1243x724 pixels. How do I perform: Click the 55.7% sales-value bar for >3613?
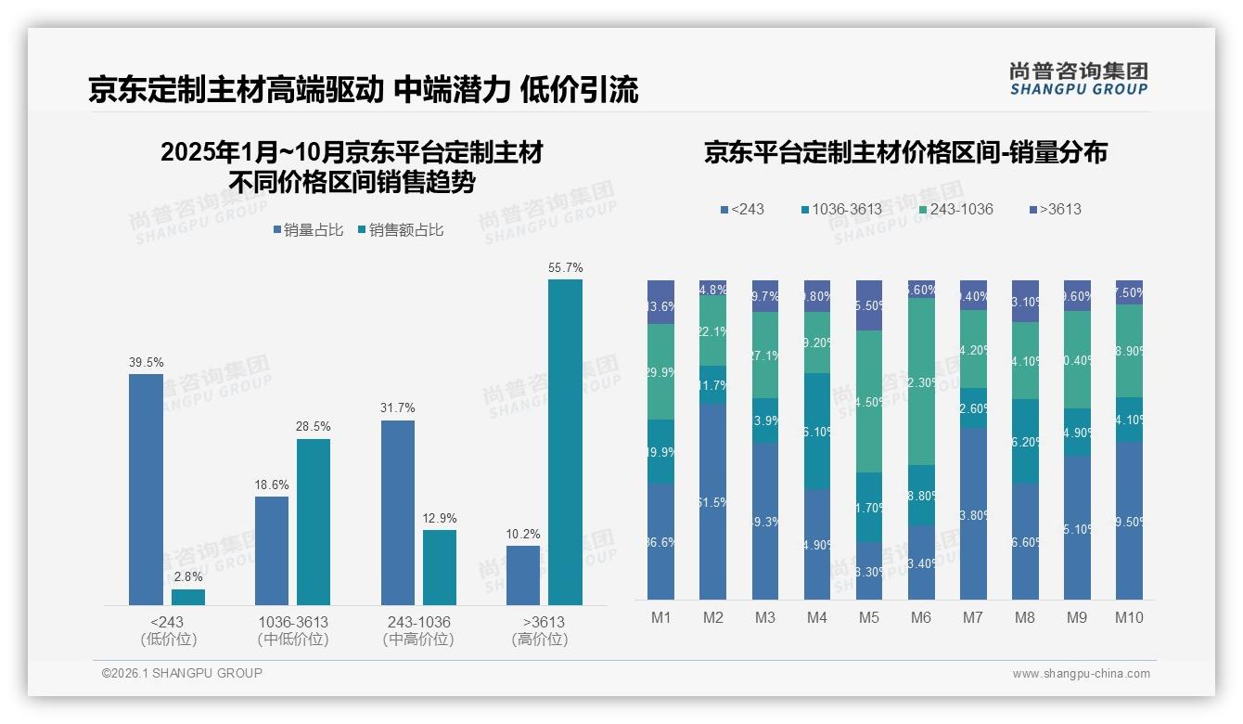pyautogui.click(x=565, y=442)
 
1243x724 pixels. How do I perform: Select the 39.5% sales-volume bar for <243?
pyautogui.click(x=146, y=489)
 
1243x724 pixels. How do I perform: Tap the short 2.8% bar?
pyautogui.click(x=188, y=597)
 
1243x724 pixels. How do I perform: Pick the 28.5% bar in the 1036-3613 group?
pyautogui.click(x=314, y=522)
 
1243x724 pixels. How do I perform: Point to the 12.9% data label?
pyautogui.click(x=440, y=518)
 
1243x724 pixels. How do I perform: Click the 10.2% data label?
pyautogui.click(x=523, y=534)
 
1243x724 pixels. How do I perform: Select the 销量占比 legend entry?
pyautogui.click(x=308, y=230)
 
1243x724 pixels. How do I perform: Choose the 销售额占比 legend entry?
pyautogui.click(x=400, y=230)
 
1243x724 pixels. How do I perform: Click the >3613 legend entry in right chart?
pyautogui.click(x=1055, y=209)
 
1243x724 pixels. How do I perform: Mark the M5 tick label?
pyautogui.click(x=869, y=618)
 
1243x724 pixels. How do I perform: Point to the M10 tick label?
pyautogui.click(x=1129, y=618)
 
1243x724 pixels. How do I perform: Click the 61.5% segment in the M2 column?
pyautogui.click(x=713, y=501)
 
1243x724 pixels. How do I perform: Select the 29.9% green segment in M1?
pyautogui.click(x=661, y=371)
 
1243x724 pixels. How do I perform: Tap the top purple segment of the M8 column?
pyautogui.click(x=1025, y=301)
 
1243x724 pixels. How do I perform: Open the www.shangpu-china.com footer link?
pyautogui.click(x=1081, y=674)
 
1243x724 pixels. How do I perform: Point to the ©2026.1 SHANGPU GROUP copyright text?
pyautogui.click(x=182, y=673)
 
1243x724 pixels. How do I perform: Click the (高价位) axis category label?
pyautogui.click(x=539, y=640)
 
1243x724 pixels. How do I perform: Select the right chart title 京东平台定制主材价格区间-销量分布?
pyautogui.click(x=905, y=153)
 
